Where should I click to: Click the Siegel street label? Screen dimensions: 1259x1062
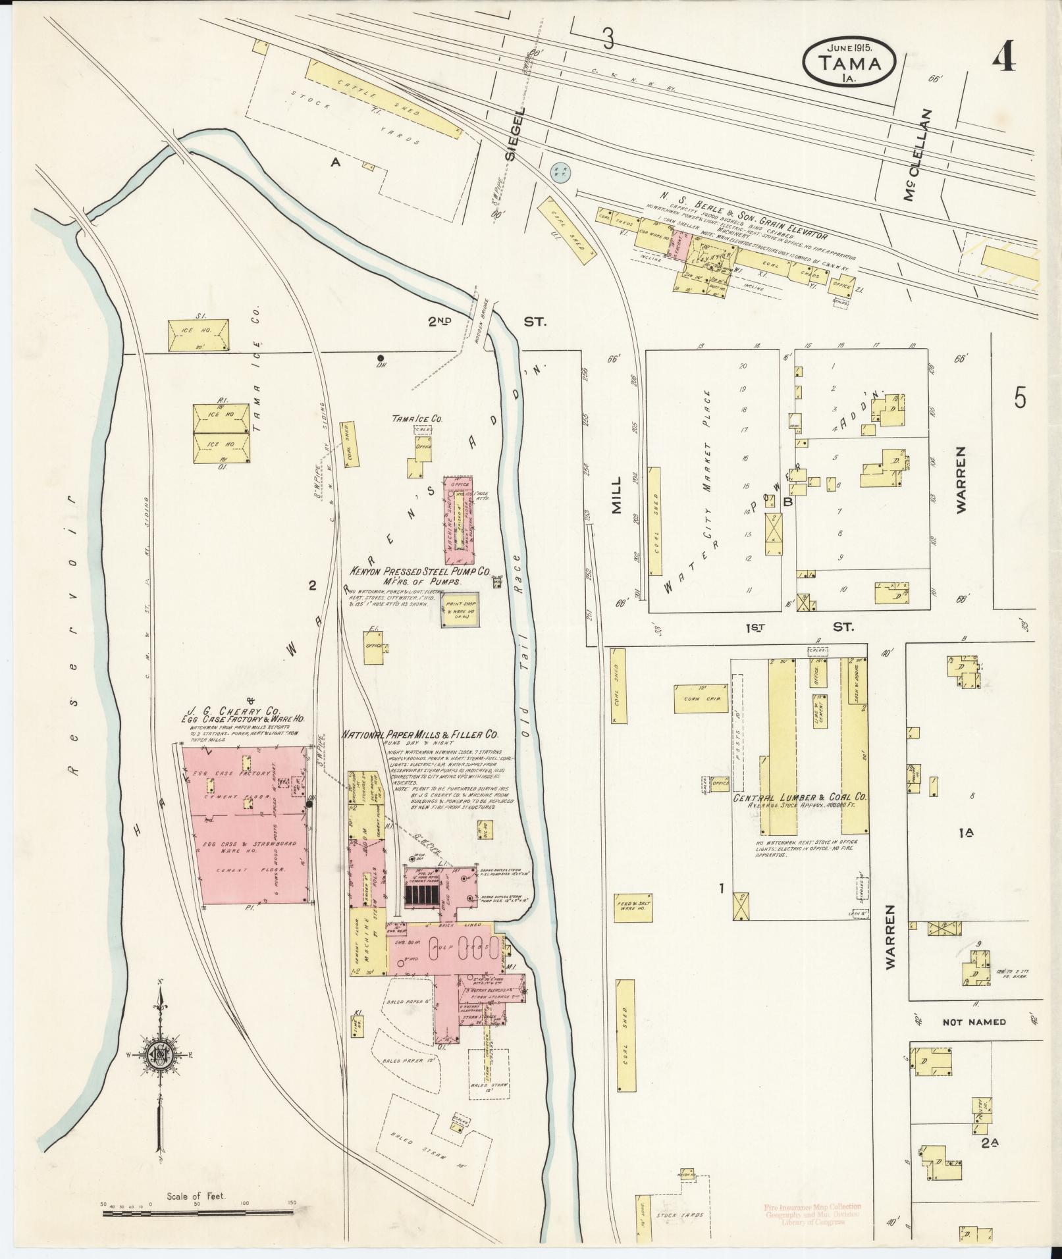[x=516, y=134]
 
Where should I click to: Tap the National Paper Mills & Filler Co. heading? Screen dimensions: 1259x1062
[x=419, y=734]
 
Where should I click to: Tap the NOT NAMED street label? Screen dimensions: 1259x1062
[x=974, y=1022]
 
